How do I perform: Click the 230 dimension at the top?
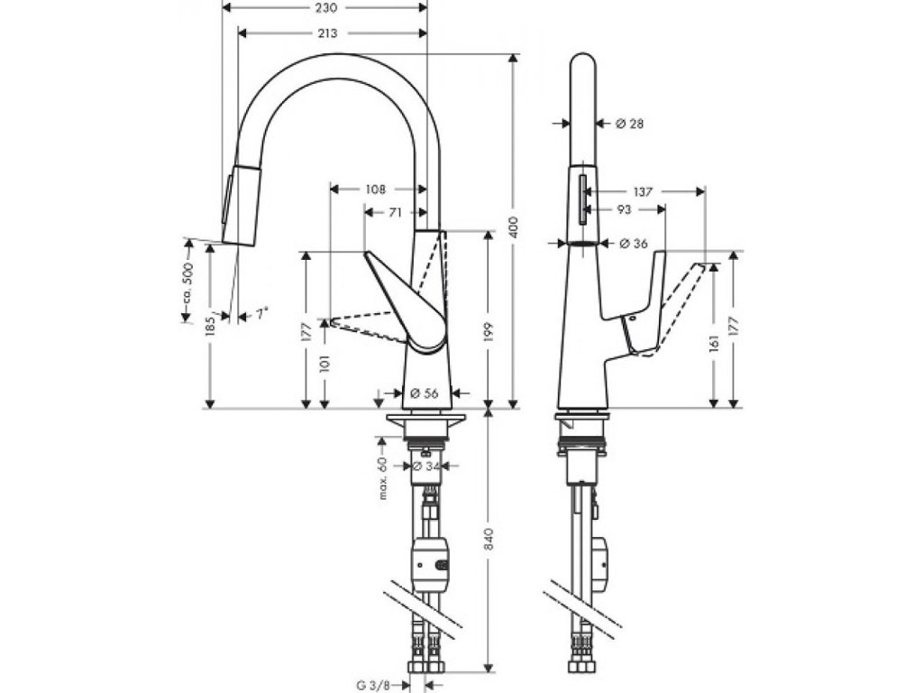pyautogui.click(x=325, y=8)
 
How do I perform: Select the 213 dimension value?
pyautogui.click(x=327, y=33)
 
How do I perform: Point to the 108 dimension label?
pyautogui.click(x=376, y=189)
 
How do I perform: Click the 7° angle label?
pyautogui.click(x=260, y=315)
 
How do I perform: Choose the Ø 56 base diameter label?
pyautogui.click(x=423, y=393)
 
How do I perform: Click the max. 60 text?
pyautogui.click(x=382, y=479)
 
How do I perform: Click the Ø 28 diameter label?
pyautogui.click(x=629, y=124)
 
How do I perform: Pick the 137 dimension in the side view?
pyautogui.click(x=642, y=191)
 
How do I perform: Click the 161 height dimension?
pyautogui.click(x=715, y=344)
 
